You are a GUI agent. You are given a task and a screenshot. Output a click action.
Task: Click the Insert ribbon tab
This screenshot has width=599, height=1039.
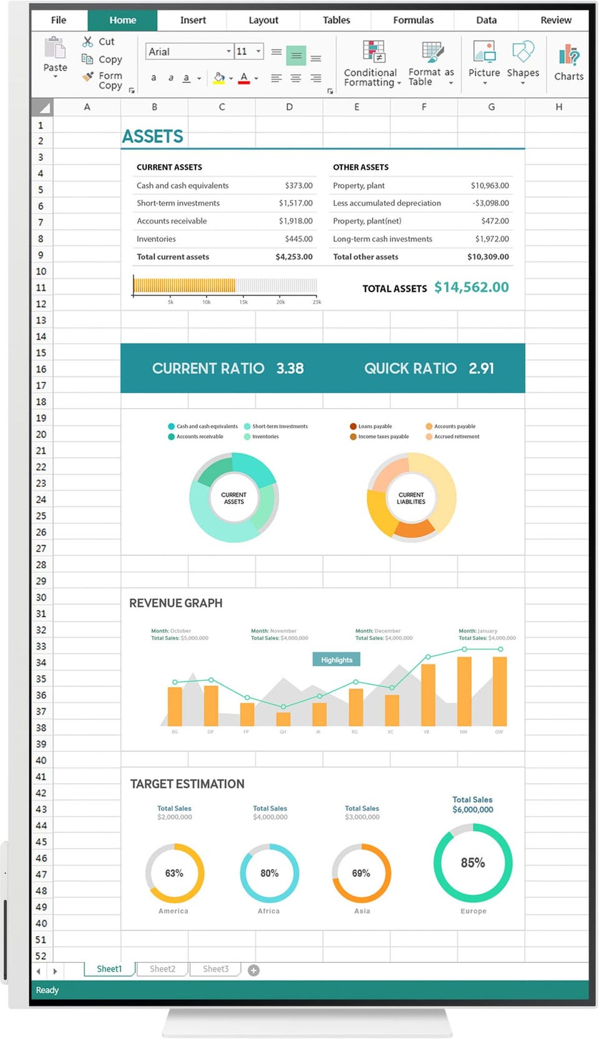pos(193,20)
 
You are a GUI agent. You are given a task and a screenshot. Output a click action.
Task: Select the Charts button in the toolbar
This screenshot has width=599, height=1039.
pos(568,62)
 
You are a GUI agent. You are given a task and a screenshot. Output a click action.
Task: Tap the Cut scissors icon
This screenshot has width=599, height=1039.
pos(88,41)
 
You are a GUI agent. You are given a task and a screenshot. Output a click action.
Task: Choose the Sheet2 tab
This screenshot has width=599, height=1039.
pos(162,969)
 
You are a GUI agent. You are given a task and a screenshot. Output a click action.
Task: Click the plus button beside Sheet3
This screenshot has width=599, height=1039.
pos(253,970)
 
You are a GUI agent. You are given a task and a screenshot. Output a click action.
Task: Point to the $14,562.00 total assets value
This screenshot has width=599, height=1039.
pos(471,287)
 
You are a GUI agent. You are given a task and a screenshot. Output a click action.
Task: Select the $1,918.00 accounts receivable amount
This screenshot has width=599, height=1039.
pos(295,221)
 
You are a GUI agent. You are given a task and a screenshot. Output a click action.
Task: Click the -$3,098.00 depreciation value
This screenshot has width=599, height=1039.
pos(490,203)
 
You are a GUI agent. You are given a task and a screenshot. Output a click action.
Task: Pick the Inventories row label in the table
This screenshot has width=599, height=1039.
pos(156,239)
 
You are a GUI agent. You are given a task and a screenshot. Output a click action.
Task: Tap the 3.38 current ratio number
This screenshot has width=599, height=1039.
pos(290,368)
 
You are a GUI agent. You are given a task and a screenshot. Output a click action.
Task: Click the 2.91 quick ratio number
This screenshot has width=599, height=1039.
pos(481,368)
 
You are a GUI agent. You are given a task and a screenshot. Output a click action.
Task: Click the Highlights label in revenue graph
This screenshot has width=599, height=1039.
pos(336,660)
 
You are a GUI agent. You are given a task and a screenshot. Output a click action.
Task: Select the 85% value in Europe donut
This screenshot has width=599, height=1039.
pos(472,862)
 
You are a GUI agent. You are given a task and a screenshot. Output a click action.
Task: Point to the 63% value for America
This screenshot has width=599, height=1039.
pos(174,873)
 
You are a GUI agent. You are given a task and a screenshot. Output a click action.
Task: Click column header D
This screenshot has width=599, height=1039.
pos(289,107)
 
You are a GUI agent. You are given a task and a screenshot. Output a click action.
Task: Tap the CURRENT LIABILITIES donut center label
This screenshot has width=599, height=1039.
pos(411,498)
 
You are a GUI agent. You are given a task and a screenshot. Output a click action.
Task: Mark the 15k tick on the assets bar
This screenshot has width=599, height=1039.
pos(243,302)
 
